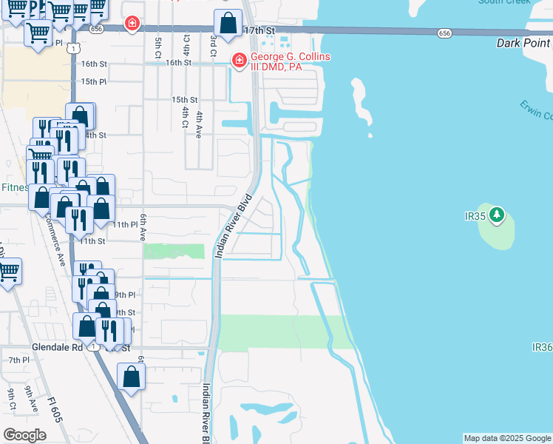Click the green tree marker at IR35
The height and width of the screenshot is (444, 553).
498,215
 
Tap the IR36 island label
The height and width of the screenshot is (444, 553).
542,347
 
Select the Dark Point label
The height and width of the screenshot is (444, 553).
523,43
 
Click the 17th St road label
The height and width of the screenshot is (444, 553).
259,30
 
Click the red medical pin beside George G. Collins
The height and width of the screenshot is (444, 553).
239,60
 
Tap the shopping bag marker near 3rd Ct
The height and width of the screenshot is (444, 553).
228,24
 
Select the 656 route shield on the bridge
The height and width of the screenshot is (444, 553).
444,33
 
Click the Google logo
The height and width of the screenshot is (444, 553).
24,435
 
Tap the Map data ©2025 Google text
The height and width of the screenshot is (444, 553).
507,438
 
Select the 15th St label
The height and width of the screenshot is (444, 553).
184,100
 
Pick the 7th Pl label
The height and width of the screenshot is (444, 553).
18,360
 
